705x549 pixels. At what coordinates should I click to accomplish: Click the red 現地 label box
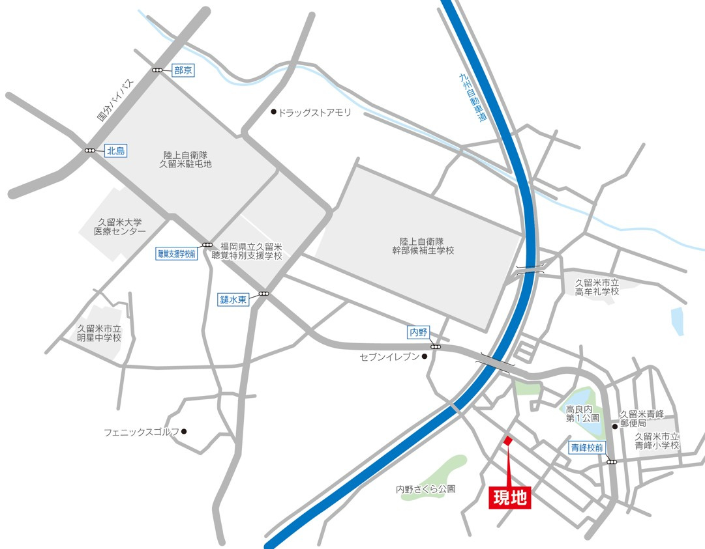(509, 498)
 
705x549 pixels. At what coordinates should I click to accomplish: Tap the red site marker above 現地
(508, 441)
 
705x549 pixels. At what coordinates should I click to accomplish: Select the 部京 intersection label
(183, 70)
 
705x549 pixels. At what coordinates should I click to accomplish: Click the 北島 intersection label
(115, 150)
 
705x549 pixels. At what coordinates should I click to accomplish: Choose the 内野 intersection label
(417, 333)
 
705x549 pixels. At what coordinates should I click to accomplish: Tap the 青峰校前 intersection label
(588, 447)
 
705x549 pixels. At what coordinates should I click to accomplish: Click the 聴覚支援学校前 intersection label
(176, 254)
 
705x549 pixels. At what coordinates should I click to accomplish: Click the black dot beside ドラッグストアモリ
(274, 112)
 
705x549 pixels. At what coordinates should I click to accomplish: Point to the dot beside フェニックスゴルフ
(185, 431)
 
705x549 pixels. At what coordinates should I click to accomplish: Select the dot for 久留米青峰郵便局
(614, 427)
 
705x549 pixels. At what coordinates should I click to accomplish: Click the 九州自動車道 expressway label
(473, 98)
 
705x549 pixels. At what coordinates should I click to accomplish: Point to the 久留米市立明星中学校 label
(99, 333)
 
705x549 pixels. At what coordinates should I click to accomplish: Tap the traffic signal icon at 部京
(158, 70)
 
